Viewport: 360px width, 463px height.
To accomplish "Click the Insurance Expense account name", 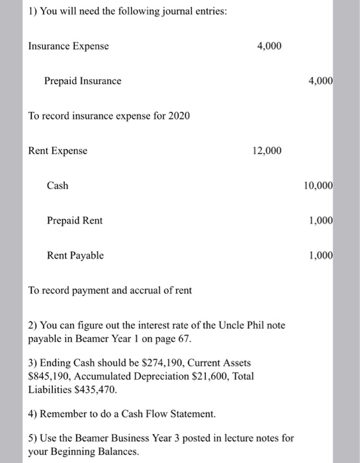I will point(68,46).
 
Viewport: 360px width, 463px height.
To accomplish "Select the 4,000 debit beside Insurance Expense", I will point(268,46).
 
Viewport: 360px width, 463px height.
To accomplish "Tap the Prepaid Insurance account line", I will point(83,81).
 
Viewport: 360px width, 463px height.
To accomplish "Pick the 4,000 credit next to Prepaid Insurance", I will point(321,81).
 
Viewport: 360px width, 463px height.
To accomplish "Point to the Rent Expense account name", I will point(58,151).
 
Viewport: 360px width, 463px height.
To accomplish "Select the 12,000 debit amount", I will point(267,151).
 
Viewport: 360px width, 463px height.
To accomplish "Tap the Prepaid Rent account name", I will point(75,220).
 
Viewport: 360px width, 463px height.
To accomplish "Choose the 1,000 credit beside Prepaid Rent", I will point(321,220).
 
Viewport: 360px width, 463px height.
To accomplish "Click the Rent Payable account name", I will point(75,255).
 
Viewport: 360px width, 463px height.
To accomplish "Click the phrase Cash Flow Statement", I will point(160,413).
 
